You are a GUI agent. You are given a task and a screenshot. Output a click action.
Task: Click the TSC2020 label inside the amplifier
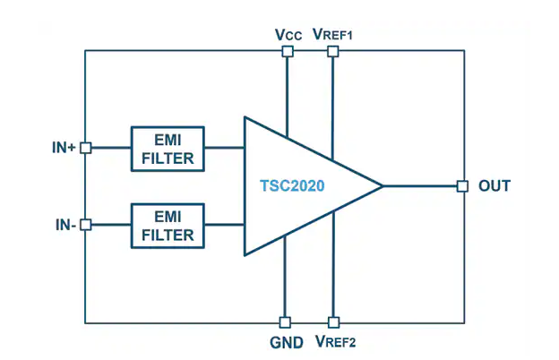(292, 186)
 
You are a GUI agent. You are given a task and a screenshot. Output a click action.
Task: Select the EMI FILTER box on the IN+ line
(168, 148)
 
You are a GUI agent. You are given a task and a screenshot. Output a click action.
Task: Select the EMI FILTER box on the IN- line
(168, 225)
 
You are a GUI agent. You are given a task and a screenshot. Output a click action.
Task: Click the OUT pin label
(494, 186)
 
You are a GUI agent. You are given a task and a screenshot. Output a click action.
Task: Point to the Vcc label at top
(288, 34)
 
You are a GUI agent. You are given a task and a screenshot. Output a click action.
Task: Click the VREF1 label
(334, 34)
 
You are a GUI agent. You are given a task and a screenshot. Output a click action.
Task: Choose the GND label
(287, 341)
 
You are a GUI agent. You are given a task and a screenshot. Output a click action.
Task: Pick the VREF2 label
(336, 341)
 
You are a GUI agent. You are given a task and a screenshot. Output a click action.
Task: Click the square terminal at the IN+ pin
(86, 148)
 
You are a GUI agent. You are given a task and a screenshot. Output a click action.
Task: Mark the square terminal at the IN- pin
(86, 225)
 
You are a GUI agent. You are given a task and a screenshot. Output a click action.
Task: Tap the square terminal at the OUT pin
(462, 186)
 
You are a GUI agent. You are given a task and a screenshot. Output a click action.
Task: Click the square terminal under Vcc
(287, 52)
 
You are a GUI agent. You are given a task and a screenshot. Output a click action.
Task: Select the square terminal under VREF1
(332, 52)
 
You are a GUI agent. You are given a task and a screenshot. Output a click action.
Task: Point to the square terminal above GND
(285, 322)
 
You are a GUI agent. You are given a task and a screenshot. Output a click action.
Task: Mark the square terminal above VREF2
(333, 322)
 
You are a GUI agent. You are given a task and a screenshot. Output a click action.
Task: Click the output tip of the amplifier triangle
(383, 186)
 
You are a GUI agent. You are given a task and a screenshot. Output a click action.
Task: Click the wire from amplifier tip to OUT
(421, 186)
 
